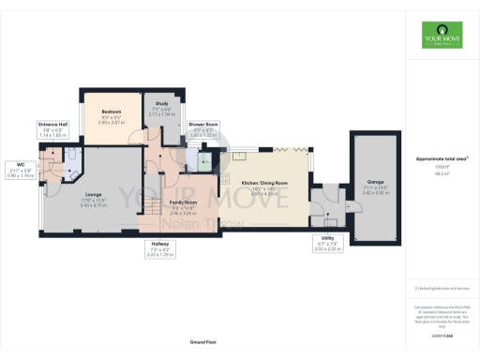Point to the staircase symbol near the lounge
click(150, 215)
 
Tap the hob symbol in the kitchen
click(223, 178)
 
